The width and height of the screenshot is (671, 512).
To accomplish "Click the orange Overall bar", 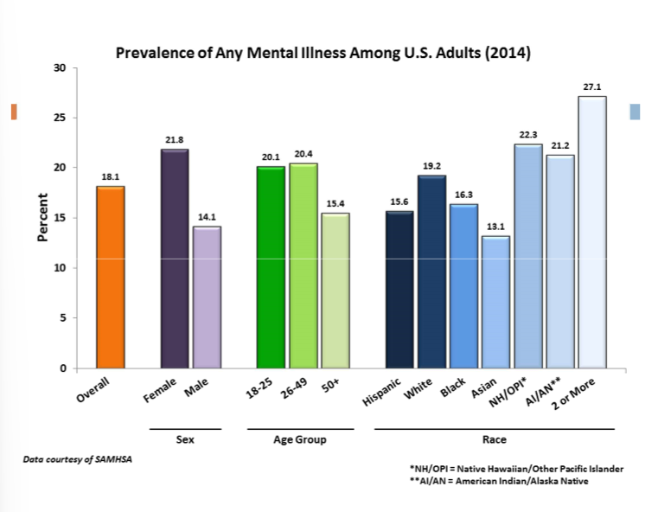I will point(110,277).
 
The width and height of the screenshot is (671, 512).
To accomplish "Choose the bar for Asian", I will point(495,302).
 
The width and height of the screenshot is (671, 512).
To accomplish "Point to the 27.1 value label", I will point(591,87).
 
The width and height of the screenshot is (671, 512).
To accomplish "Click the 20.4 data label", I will point(303,154).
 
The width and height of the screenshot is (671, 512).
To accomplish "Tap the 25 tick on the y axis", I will point(61,118).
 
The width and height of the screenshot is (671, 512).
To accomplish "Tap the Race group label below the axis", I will point(495,439).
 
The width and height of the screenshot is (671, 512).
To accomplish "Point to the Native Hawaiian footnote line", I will point(516,468).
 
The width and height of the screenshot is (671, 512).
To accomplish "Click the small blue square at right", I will point(635,112).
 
